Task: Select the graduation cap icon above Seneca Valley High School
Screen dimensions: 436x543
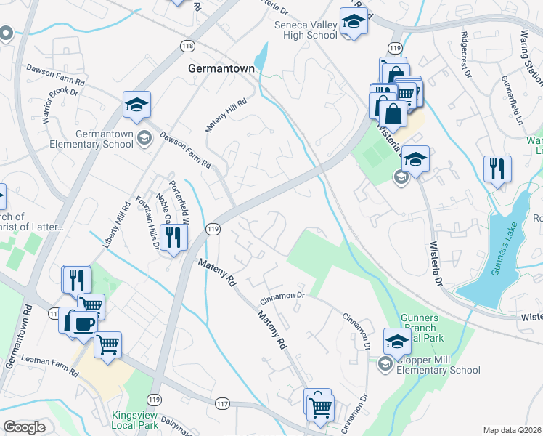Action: pyautogui.click(x=354, y=23)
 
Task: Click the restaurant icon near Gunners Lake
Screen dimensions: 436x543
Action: pyautogui.click(x=497, y=169)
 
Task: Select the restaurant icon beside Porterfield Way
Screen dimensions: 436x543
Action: pyautogui.click(x=174, y=238)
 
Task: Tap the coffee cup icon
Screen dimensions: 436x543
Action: pyautogui.click(x=83, y=323)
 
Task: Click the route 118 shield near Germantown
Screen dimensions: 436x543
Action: pyautogui.click(x=188, y=46)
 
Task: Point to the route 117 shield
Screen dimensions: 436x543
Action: pyautogui.click(x=222, y=404)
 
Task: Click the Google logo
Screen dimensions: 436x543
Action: pyautogui.click(x=24, y=427)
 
